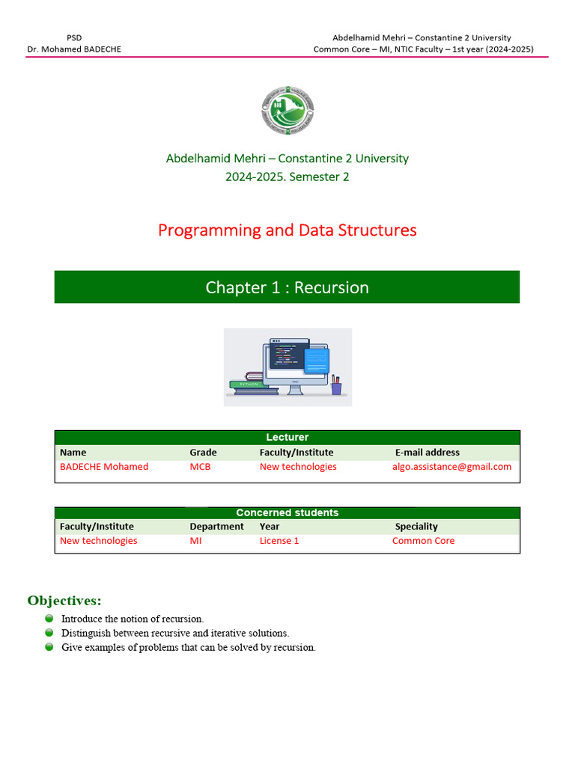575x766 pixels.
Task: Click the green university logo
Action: click(287, 111)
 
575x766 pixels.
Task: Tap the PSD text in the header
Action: click(74, 37)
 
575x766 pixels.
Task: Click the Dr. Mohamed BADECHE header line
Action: click(74, 49)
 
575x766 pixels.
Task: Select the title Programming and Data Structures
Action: click(287, 230)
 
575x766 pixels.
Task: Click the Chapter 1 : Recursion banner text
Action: click(287, 287)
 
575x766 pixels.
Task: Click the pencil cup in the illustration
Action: click(336, 386)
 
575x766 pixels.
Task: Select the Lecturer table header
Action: click(287, 438)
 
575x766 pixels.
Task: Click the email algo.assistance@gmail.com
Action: click(451, 467)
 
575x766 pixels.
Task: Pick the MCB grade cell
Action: click(200, 467)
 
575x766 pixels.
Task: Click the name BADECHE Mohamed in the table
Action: click(104, 467)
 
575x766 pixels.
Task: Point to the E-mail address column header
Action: click(428, 453)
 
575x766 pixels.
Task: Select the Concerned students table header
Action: click(287, 513)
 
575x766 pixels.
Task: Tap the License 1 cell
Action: click(279, 541)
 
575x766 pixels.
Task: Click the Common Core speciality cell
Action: click(423, 541)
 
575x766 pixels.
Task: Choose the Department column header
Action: click(216, 527)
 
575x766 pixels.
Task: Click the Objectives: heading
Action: click(64, 601)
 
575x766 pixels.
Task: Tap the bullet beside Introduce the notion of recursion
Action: click(49, 619)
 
